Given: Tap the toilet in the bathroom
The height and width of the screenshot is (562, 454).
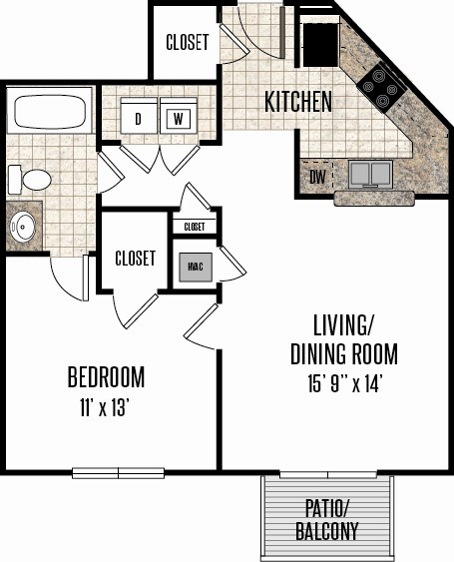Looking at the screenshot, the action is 29,180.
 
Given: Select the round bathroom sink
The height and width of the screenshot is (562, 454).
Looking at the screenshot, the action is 23,227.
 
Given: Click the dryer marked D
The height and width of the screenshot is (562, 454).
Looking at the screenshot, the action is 139,116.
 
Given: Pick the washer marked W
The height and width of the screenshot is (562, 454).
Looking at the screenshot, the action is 179,116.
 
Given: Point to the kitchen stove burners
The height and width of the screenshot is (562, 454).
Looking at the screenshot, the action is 381,87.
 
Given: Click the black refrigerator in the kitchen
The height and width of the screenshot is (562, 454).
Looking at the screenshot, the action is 321,45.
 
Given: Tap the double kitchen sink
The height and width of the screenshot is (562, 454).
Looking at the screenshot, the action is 370,174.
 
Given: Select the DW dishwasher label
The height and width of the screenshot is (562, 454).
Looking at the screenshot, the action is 318,177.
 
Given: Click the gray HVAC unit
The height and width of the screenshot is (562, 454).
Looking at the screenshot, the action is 196,267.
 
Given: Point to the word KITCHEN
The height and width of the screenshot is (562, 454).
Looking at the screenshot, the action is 298,102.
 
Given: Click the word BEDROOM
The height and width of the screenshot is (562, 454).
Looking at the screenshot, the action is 107,376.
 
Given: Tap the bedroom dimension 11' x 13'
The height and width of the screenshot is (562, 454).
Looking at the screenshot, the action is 104,408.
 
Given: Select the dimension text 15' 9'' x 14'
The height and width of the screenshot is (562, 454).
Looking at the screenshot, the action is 343,384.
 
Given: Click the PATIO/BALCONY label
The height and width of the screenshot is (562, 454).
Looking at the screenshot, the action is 327,520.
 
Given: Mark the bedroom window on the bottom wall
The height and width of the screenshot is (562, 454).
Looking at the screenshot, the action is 119,473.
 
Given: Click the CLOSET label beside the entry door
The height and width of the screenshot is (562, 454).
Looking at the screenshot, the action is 187,42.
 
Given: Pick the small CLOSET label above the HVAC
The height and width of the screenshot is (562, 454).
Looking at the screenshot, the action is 195,227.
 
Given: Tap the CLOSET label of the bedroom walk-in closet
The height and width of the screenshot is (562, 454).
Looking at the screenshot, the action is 135,259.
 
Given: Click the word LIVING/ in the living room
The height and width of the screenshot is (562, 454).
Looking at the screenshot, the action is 343,325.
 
